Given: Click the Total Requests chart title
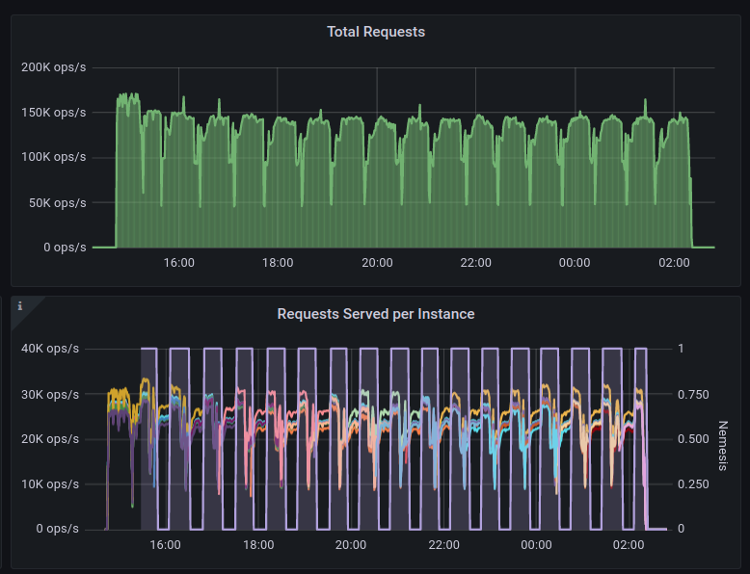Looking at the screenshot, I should point(375,32).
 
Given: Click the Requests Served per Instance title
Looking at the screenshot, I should point(375,314).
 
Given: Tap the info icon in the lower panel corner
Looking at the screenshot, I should point(20,306).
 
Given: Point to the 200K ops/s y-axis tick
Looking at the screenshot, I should point(54,67).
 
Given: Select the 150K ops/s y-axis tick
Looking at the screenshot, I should point(54,113).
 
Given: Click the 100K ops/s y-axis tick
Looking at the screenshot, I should point(54,157).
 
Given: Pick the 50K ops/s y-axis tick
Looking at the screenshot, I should point(57,202).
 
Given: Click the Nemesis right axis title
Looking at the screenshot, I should point(724,446).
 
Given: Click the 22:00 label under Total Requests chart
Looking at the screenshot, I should point(475,263).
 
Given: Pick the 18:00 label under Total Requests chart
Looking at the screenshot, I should point(278,263).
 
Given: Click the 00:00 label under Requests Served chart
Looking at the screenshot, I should point(536,545).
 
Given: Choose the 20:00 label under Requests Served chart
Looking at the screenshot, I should point(351,545).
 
